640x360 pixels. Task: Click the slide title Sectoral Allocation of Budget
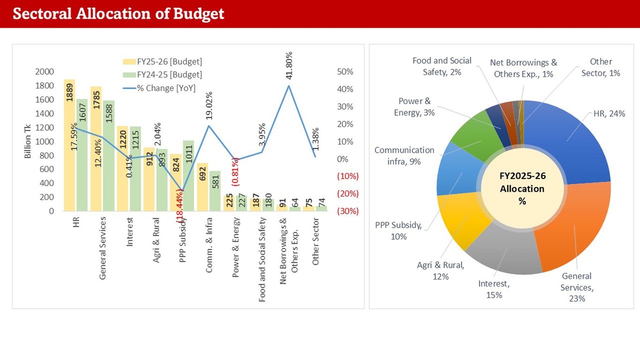point(119,14)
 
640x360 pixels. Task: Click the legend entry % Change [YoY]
point(166,88)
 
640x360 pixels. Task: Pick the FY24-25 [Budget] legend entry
point(169,75)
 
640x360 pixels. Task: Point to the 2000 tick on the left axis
point(45,72)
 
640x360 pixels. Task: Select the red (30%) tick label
point(348,211)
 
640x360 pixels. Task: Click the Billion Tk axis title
point(28,141)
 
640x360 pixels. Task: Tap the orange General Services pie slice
point(574,225)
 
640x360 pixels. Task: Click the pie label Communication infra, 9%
point(404,156)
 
